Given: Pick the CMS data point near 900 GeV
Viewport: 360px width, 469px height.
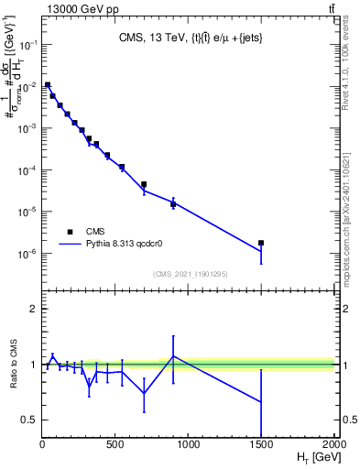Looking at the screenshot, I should point(173,204).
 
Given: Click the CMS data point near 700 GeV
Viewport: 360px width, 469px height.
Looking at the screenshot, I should point(144,184).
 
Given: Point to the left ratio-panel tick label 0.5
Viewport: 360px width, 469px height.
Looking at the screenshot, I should point(28,420).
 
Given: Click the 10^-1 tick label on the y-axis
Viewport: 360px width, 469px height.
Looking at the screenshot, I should point(27,45).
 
